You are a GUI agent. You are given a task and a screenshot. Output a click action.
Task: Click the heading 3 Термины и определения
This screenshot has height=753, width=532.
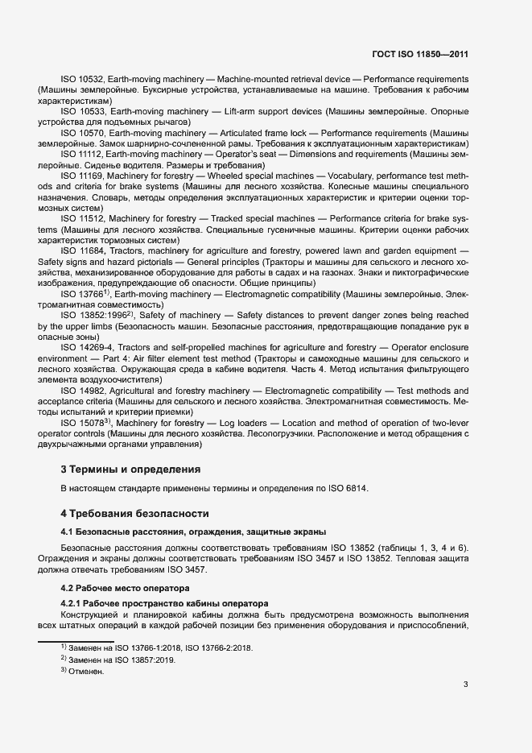pos(130,469)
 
